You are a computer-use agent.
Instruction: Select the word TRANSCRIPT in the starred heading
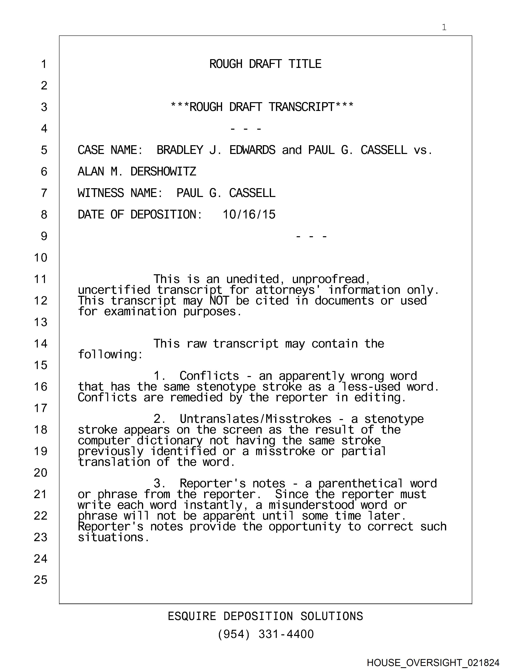pos(301,107)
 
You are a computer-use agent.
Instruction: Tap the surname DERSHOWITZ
pos(163,172)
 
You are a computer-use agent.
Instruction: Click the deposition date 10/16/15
pos(249,215)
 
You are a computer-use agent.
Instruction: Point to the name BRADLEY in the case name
pos(180,150)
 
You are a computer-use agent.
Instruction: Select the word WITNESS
pos(101,193)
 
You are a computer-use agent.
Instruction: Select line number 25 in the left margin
pos(41,580)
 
